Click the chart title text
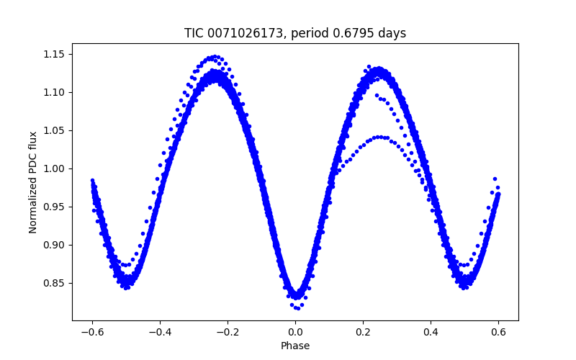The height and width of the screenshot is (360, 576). click(x=295, y=33)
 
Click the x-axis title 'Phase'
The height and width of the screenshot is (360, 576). click(x=295, y=346)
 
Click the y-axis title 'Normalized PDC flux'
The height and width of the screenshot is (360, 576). click(x=33, y=181)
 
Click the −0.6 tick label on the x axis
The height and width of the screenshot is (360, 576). click(x=92, y=332)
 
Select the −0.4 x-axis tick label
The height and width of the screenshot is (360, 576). click(x=160, y=332)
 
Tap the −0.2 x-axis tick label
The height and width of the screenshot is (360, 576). click(x=228, y=332)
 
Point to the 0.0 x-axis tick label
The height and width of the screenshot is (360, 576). click(x=295, y=332)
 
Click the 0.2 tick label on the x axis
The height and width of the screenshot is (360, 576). click(x=363, y=332)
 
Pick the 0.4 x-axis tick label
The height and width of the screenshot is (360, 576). click(x=431, y=332)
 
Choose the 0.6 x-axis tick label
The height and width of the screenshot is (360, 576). click(x=498, y=332)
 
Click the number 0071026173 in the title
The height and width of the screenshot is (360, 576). click(x=246, y=33)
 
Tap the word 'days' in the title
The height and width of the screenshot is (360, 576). click(x=392, y=33)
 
